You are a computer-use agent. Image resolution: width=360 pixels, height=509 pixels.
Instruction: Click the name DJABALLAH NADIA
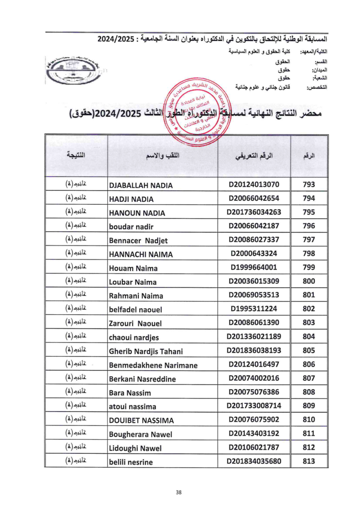pyautogui.click(x=141, y=185)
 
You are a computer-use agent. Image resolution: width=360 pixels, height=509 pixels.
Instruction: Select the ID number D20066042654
pyautogui.click(x=254, y=199)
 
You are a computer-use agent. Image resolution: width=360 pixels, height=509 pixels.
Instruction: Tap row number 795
pyautogui.click(x=309, y=213)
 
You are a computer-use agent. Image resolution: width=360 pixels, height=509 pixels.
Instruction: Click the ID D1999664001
pyautogui.click(x=254, y=268)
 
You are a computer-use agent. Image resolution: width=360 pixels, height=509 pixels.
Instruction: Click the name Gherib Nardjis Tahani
pyautogui.click(x=146, y=351)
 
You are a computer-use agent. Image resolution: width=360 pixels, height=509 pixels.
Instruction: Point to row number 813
pyautogui.click(x=309, y=461)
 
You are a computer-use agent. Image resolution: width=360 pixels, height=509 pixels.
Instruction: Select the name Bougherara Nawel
pyautogui.click(x=141, y=434)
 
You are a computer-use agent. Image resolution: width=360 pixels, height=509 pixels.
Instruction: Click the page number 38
pyautogui.click(x=180, y=493)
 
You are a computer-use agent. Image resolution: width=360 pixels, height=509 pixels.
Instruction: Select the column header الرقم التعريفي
pyautogui.click(x=254, y=156)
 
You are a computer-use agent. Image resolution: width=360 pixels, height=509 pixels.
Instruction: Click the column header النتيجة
pyautogui.click(x=76, y=156)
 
